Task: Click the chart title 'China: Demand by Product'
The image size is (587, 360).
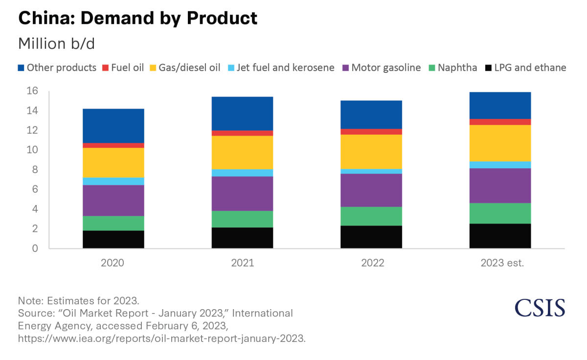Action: [x=137, y=18]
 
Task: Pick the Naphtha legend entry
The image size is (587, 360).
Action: [x=453, y=67]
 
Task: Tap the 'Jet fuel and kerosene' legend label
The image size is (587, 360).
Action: [x=285, y=67]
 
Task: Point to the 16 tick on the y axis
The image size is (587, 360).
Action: [x=32, y=91]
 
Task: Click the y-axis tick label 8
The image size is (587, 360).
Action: [x=35, y=170]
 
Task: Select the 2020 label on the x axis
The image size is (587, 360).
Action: [x=113, y=263]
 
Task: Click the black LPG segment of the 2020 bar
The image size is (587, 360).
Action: [x=113, y=239]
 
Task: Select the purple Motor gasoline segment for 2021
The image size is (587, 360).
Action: [x=242, y=193]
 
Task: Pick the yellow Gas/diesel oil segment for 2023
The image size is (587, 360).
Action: [x=500, y=143]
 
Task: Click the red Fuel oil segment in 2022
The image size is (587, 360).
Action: [x=371, y=132]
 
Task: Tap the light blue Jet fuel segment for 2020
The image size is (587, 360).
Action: [x=113, y=181]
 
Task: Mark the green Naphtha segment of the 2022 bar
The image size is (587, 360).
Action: [x=371, y=216]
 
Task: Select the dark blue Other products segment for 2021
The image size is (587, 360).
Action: [x=242, y=113]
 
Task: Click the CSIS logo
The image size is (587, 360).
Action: [x=540, y=307]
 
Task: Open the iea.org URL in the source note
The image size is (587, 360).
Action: [x=161, y=338]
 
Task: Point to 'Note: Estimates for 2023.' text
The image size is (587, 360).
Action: [x=82, y=300]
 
